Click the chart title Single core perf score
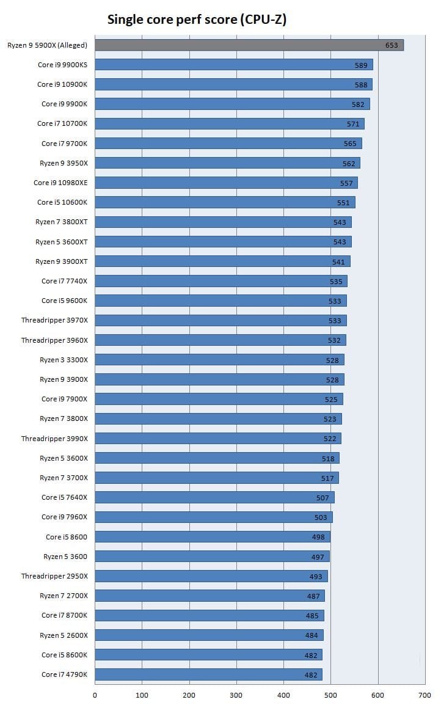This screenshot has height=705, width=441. pyautogui.click(x=197, y=20)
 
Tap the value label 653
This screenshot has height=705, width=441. pyautogui.click(x=392, y=45)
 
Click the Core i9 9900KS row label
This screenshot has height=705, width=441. pyautogui.click(x=62, y=65)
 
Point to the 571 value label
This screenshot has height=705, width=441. pyautogui.click(x=353, y=123)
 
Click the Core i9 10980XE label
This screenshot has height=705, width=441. pyautogui.click(x=60, y=183)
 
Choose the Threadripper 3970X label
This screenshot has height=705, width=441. pyautogui.click(x=54, y=320)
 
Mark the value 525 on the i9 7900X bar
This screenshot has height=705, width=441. pyautogui.click(x=331, y=399)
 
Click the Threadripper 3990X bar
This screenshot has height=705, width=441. pyautogui.click(x=217, y=438)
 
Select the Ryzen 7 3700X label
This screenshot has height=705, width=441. pyautogui.click(x=64, y=477)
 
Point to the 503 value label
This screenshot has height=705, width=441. pyautogui.click(x=321, y=517)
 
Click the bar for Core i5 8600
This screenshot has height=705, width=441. pyautogui.click(x=213, y=536)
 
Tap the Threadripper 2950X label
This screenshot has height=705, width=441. pyautogui.click(x=54, y=575)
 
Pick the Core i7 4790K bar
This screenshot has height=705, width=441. pyautogui.click(x=208, y=674)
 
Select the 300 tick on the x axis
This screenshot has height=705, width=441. pyautogui.click(x=236, y=695)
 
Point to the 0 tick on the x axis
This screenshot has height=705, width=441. pyautogui.click(x=95, y=695)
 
